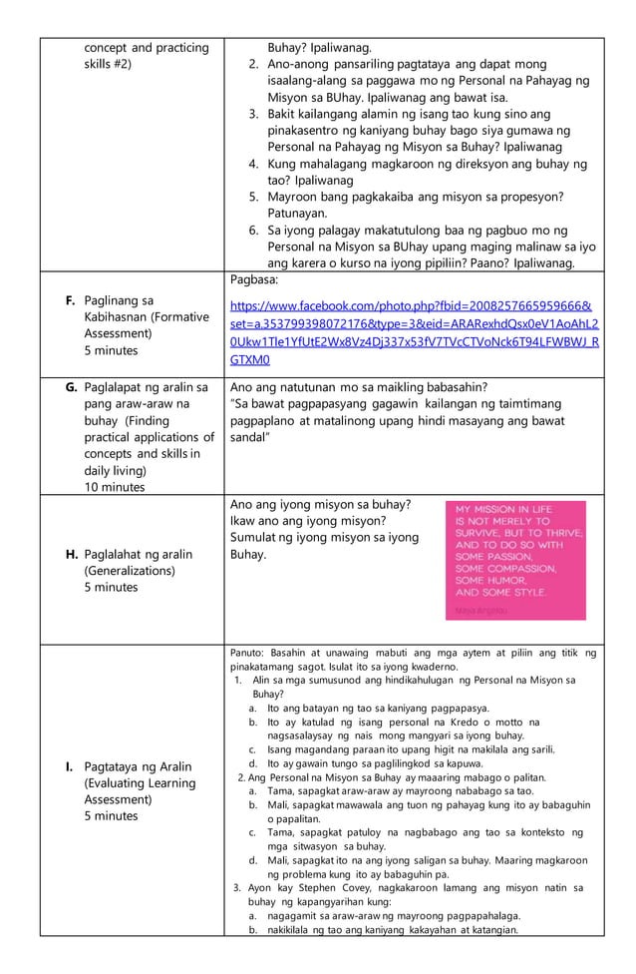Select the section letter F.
[70, 299]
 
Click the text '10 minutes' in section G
[116, 487]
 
